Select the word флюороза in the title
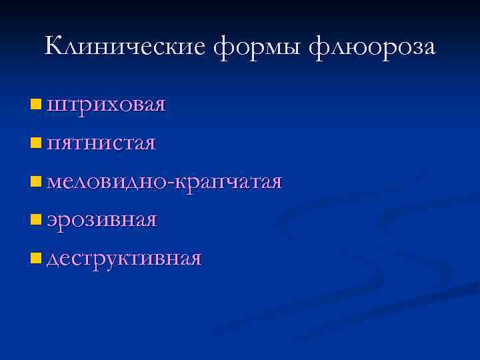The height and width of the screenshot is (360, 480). [x=373, y=47]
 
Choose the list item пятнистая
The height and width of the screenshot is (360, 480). [x=102, y=143]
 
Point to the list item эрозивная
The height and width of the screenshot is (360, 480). [x=102, y=220]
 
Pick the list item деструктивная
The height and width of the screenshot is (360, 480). [x=124, y=259]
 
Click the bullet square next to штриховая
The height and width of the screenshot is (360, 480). [x=35, y=104]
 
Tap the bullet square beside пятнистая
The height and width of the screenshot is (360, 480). [x=35, y=142]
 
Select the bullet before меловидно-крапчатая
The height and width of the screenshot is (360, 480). [x=35, y=180]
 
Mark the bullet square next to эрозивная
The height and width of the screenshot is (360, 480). [x=35, y=219]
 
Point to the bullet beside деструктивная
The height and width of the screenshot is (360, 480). [x=35, y=257]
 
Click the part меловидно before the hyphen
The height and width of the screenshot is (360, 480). [x=107, y=181]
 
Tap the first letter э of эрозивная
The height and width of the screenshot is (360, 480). [x=53, y=221]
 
